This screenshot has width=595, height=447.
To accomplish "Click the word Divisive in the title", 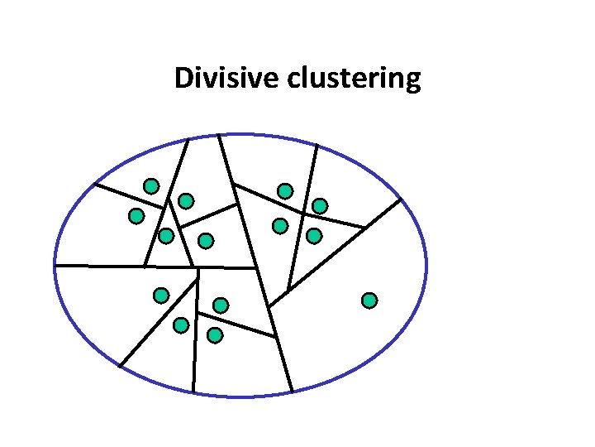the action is pyautogui.click(x=227, y=79).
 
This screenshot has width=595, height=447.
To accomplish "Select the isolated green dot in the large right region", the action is pyautogui.click(x=369, y=300).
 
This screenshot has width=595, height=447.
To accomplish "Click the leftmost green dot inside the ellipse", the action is pyautogui.click(x=136, y=216).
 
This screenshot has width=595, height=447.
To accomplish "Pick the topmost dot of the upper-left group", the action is pyautogui.click(x=151, y=185).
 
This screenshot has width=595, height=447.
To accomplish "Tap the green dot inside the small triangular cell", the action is pyautogui.click(x=166, y=236).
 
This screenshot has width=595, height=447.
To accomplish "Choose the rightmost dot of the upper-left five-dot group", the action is pyautogui.click(x=206, y=240).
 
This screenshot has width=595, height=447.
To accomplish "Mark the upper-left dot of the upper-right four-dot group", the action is pyautogui.click(x=285, y=191).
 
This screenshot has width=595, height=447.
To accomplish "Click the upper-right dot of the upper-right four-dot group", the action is pyautogui.click(x=320, y=205).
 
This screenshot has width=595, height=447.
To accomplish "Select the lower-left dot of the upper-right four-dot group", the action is pyautogui.click(x=280, y=225).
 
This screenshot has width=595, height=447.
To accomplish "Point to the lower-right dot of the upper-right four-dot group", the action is pyautogui.click(x=314, y=236).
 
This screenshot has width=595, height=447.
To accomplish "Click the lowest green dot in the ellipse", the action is pyautogui.click(x=215, y=335).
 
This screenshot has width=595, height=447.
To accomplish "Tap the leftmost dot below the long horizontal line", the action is pyautogui.click(x=161, y=295).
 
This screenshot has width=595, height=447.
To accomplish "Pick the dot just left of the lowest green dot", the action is pyautogui.click(x=181, y=325).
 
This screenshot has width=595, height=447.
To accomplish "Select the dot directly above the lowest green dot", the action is pyautogui.click(x=221, y=305).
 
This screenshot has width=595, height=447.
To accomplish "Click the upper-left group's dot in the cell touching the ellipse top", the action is pyautogui.click(x=186, y=200).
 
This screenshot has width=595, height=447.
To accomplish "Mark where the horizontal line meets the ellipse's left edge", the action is pyautogui.click(x=55, y=266).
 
